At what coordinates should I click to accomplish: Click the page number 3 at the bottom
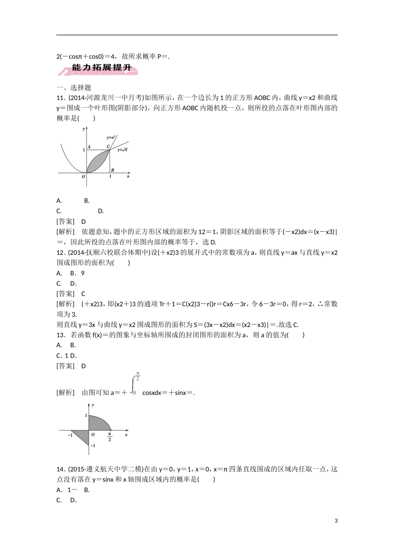[x=336, y=521]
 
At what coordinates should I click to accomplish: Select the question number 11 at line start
[x=61, y=98]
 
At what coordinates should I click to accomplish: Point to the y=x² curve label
[x=110, y=137]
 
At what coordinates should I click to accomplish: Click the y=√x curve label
[x=122, y=150]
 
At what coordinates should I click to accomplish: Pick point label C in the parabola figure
[x=108, y=146]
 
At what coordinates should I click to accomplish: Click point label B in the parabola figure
[x=112, y=170]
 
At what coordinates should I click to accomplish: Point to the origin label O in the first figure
[x=83, y=177]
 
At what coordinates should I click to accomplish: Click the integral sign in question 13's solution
[x=133, y=385]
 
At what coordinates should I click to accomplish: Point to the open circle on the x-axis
[x=110, y=430]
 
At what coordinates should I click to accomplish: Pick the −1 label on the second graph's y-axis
[x=93, y=446]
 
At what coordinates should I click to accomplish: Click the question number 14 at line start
[x=61, y=469]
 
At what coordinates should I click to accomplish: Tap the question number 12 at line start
[x=61, y=252]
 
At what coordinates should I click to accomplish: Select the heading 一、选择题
[x=73, y=87]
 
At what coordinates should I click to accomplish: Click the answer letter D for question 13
[x=83, y=366]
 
